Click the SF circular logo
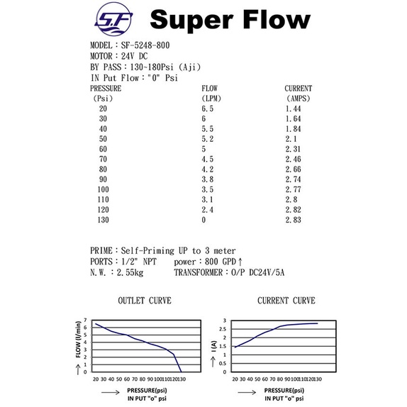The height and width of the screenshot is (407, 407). (x=114, y=19)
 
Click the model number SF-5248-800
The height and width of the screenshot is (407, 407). (x=145, y=45)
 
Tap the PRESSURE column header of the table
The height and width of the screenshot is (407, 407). (x=106, y=89)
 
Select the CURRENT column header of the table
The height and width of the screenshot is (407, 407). (x=299, y=89)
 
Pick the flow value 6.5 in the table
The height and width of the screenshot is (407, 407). (x=207, y=108)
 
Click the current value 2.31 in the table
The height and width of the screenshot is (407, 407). (x=293, y=149)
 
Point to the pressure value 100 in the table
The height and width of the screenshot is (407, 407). (x=103, y=189)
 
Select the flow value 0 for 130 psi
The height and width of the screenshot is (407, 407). (x=203, y=220)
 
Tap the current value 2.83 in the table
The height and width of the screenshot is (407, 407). (x=293, y=220)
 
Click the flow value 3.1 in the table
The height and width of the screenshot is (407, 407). (x=207, y=200)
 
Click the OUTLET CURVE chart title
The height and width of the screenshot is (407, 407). (x=145, y=301)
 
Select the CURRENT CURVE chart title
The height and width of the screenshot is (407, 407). (x=286, y=301)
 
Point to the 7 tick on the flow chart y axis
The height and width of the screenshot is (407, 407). (x=85, y=320)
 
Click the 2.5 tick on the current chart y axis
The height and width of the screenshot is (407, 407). (x=223, y=329)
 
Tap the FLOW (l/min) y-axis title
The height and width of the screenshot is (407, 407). (x=78, y=340)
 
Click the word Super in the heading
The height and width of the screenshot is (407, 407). (x=191, y=21)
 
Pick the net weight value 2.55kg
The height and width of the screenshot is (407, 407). (x=130, y=272)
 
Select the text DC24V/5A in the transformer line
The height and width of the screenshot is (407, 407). (x=267, y=272)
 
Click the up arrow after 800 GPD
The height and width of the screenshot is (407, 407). (x=240, y=262)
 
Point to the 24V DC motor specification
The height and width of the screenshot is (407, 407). (x=134, y=56)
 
